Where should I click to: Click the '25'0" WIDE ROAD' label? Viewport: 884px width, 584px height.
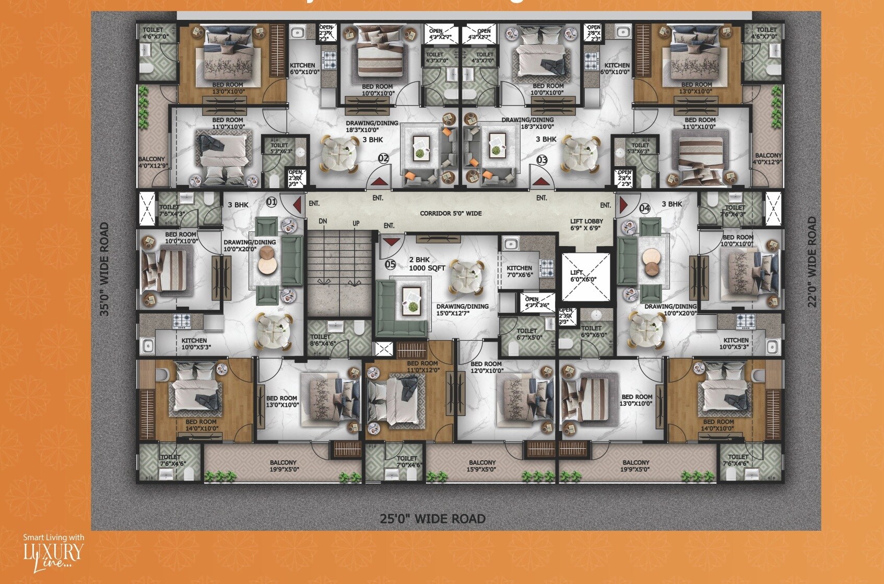coord(432,519)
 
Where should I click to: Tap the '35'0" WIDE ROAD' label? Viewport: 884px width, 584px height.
coord(104,269)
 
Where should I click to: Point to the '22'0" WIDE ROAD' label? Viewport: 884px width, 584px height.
coord(812,262)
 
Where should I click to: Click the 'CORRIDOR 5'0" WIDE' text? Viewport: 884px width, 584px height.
coord(451,213)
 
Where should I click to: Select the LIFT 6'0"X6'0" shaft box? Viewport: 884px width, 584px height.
coord(585,276)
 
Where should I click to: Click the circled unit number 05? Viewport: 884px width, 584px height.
coord(391,264)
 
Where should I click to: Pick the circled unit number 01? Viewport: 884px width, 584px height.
coord(272,202)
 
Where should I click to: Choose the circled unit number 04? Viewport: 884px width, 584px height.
coord(645,208)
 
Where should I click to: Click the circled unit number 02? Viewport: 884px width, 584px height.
coord(383,158)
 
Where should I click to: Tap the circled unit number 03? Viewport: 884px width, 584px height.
coord(542,160)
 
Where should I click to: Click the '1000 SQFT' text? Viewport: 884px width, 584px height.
coord(427,268)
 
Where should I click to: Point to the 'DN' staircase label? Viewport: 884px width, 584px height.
coord(323,221)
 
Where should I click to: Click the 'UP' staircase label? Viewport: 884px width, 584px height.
coord(356,224)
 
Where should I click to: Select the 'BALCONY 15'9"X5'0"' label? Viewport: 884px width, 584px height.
coord(482,466)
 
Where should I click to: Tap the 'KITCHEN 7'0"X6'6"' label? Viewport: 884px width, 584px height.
coord(519,271)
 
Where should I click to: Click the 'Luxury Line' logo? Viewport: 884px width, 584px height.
coord(53,553)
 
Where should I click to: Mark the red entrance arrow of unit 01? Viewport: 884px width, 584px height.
coord(298,205)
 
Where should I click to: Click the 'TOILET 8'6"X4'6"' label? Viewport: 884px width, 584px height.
coord(323,340)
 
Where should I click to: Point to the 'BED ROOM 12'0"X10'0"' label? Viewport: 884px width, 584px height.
coord(486,367)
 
